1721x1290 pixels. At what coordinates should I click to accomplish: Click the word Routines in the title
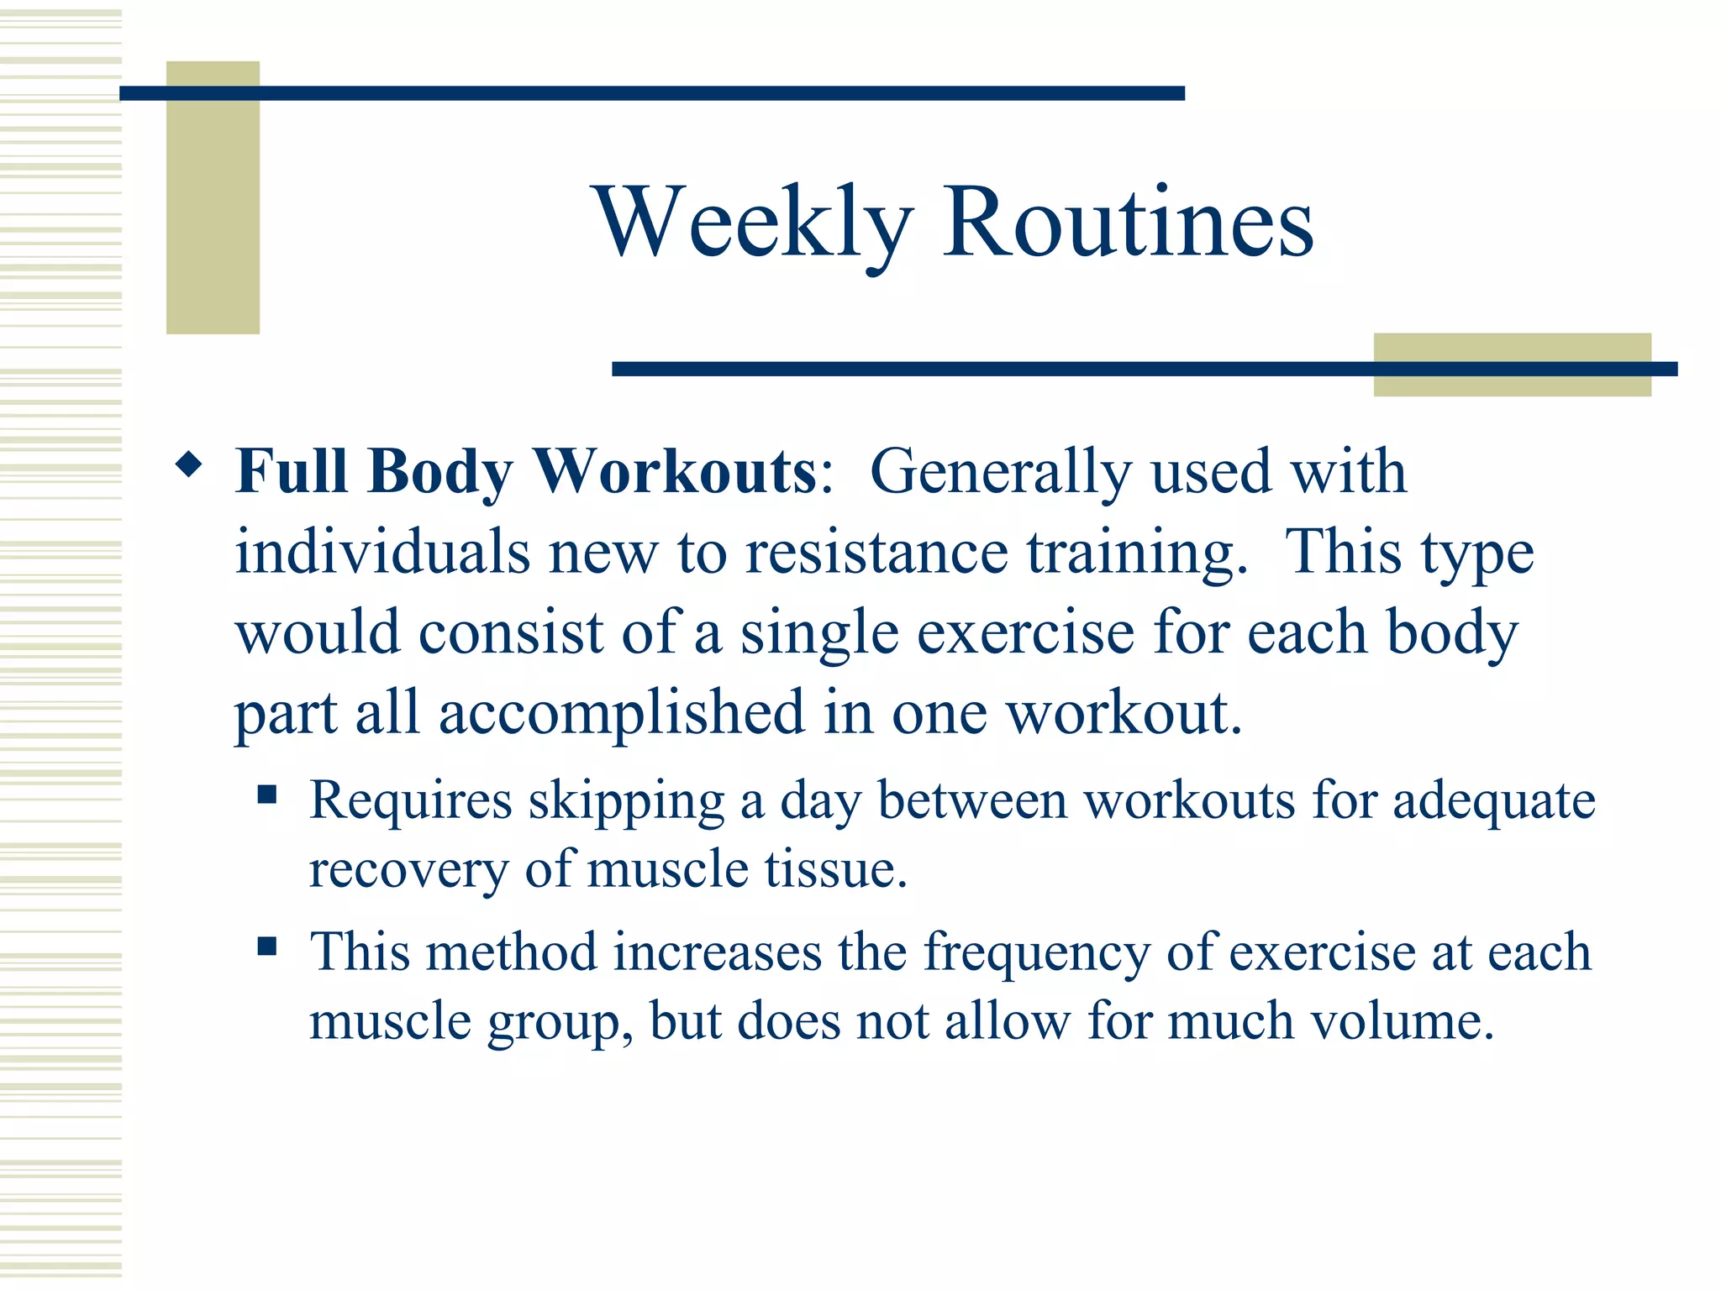pyautogui.click(x=1128, y=223)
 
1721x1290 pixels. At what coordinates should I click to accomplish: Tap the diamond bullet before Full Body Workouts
pyautogui.click(x=189, y=464)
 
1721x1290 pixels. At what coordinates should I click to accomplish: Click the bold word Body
pyautogui.click(x=439, y=471)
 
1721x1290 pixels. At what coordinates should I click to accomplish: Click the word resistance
pyautogui.click(x=876, y=553)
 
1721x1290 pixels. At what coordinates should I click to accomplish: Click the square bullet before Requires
pyautogui.click(x=267, y=794)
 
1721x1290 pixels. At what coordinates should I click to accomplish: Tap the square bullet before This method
pyautogui.click(x=267, y=947)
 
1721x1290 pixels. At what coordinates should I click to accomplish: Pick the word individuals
pyautogui.click(x=382, y=553)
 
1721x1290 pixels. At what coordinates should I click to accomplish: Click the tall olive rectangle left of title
pyautogui.click(x=213, y=197)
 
